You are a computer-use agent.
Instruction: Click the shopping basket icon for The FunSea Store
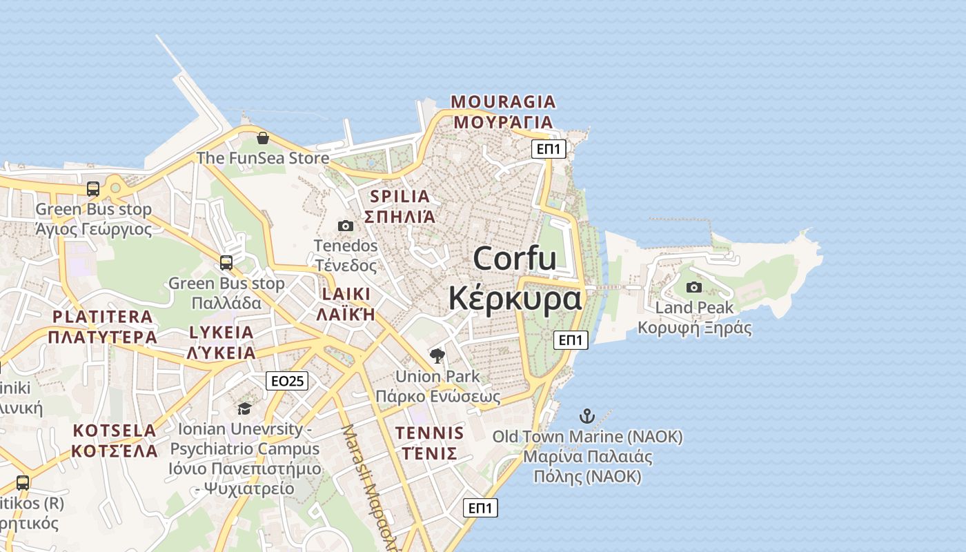pyautogui.click(x=262, y=138)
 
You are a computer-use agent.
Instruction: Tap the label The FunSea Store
pyautogui.click(x=263, y=158)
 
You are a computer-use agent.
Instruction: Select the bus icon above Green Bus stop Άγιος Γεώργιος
pyautogui.click(x=93, y=188)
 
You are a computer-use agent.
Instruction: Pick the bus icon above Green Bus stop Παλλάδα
pyautogui.click(x=226, y=263)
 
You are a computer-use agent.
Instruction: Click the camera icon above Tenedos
pyautogui.click(x=346, y=226)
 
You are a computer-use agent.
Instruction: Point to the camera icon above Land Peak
pyautogui.click(x=694, y=287)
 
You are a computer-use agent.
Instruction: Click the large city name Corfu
pyautogui.click(x=515, y=259)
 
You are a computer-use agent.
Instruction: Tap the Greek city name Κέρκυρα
pyautogui.click(x=515, y=299)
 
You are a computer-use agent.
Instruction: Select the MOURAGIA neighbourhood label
pyautogui.click(x=503, y=102)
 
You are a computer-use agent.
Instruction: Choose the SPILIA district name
pyautogui.click(x=400, y=196)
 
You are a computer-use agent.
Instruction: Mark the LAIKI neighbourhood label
pyautogui.click(x=346, y=294)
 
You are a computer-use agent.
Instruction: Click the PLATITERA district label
pyautogui.click(x=103, y=317)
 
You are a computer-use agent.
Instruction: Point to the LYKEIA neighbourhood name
pyautogui.click(x=221, y=332)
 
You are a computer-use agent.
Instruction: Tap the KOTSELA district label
pyautogui.click(x=115, y=431)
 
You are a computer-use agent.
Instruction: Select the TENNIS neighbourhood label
pyautogui.click(x=429, y=433)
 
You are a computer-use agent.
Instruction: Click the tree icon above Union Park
pyautogui.click(x=437, y=356)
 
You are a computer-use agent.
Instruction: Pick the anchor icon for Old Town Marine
pyautogui.click(x=586, y=416)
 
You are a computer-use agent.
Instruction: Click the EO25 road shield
pyautogui.click(x=287, y=381)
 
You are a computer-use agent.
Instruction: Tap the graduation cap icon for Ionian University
pyautogui.click(x=244, y=409)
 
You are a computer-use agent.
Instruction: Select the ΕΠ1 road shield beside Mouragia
pyautogui.click(x=549, y=149)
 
